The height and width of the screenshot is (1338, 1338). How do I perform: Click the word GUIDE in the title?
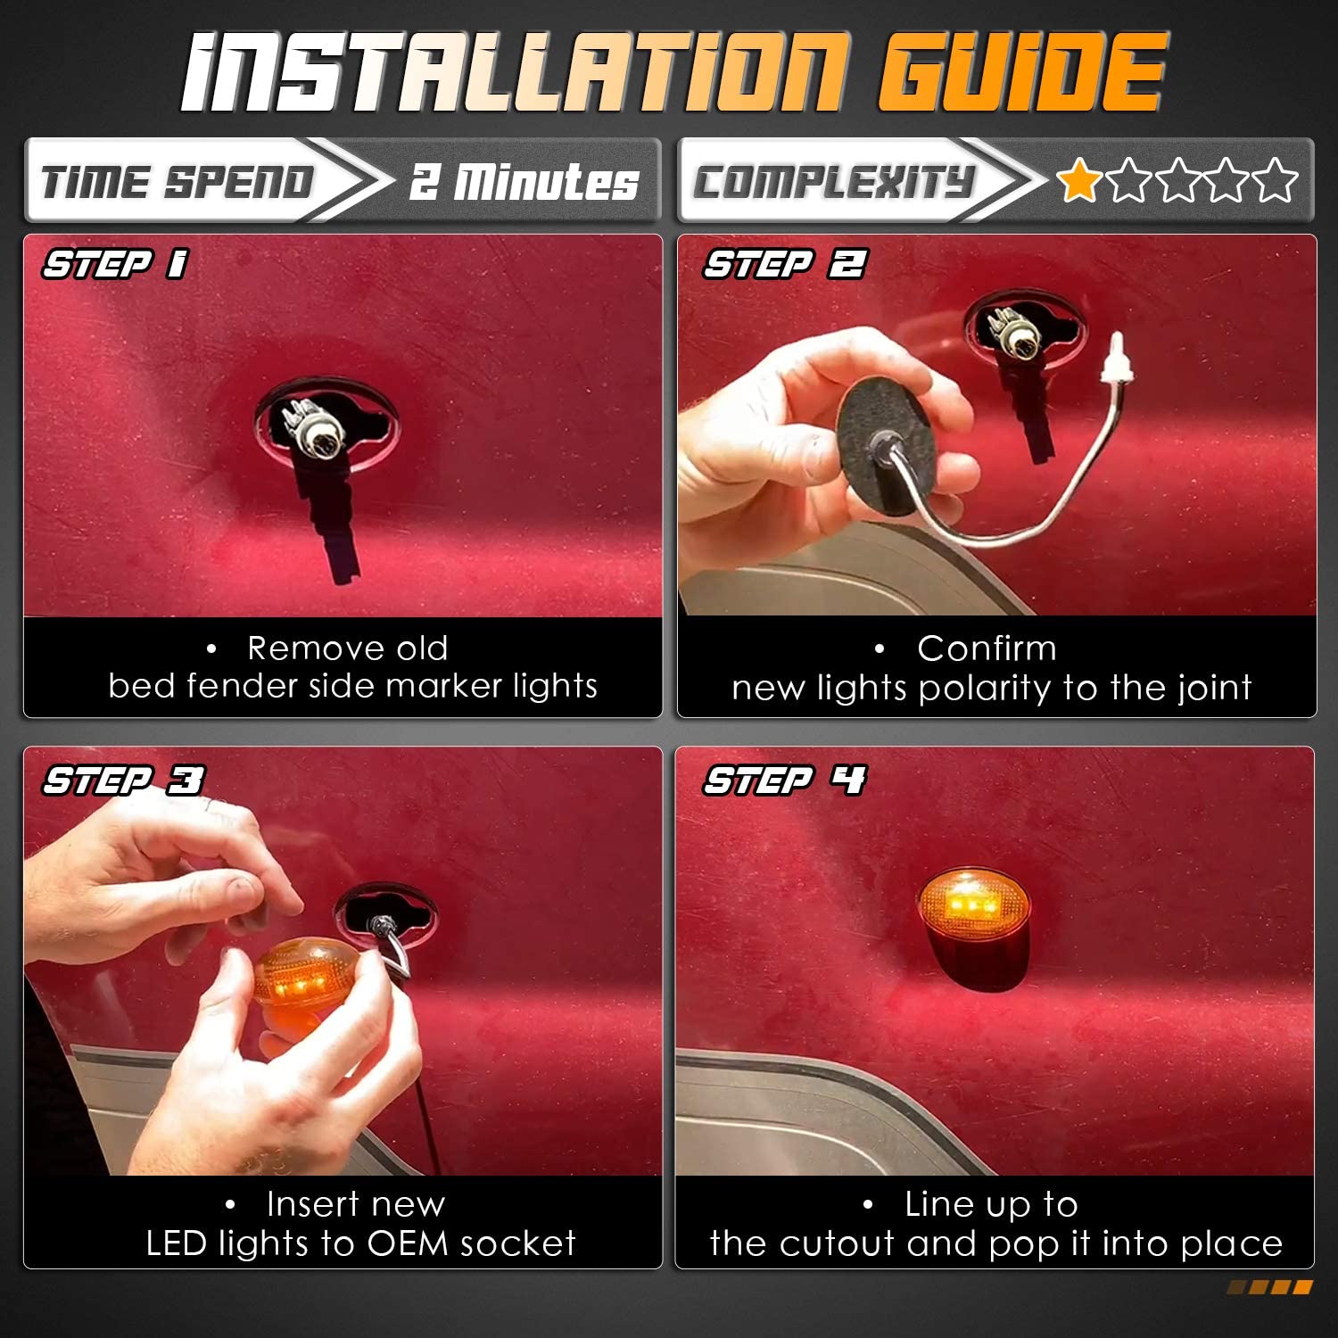tap(1022, 72)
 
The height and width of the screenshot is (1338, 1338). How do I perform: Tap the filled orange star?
tap(1079, 180)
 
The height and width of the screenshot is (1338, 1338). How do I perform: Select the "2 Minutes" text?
tap(524, 182)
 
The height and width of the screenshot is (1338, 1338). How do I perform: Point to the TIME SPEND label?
tap(178, 182)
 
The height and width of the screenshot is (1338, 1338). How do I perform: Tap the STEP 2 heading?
tap(785, 264)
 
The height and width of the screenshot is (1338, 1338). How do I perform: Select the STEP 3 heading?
tap(123, 780)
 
